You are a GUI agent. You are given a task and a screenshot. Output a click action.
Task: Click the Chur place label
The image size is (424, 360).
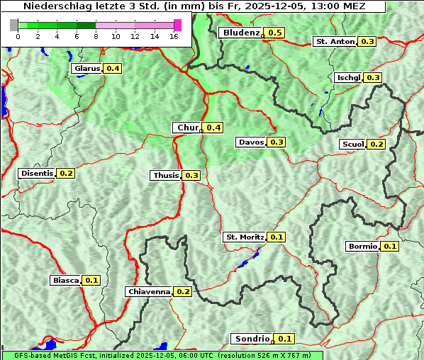click(x=187, y=128)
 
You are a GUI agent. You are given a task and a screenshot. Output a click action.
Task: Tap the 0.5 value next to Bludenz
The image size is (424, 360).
click(x=275, y=33)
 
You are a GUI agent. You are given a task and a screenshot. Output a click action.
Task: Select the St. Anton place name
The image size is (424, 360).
click(x=335, y=42)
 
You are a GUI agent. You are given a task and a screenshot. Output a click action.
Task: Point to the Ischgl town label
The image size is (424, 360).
click(x=348, y=77)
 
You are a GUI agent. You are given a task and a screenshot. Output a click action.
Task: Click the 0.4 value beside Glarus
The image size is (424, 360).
click(x=113, y=68)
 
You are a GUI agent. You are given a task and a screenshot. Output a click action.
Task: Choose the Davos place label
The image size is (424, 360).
click(x=251, y=142)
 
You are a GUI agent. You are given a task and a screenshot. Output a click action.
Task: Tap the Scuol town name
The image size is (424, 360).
click(x=352, y=145)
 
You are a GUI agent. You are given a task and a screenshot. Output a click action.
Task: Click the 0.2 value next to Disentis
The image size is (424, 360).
click(x=66, y=173)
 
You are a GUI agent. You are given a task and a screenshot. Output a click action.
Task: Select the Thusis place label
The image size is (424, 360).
click(x=166, y=175)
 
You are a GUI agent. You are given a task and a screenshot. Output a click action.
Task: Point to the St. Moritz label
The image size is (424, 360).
click(x=244, y=237)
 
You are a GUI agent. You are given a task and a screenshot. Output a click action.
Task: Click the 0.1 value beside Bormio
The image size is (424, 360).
click(x=390, y=247)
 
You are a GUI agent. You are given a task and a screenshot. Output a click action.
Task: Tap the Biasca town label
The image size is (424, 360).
click(x=65, y=281)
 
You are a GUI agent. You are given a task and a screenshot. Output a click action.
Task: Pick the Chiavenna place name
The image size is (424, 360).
click(x=149, y=291)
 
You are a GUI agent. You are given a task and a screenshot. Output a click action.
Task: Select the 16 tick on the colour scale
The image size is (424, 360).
click(x=173, y=37)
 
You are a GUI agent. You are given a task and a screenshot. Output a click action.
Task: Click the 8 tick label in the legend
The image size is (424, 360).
click(x=96, y=37)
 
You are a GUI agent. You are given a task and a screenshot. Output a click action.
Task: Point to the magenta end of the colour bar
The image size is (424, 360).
click(x=177, y=25)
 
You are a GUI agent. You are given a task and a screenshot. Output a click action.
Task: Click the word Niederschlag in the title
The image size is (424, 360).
click(x=44, y=6)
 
